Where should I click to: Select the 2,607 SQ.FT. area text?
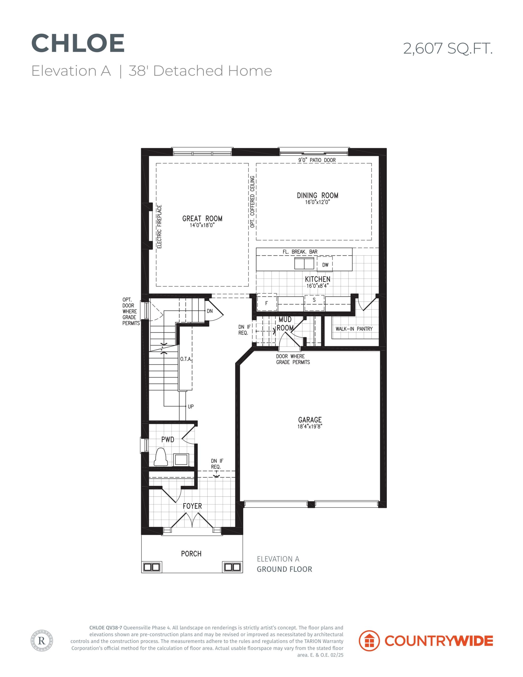point(448,49)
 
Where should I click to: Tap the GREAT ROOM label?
point(202,218)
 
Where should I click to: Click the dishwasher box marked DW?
point(325,264)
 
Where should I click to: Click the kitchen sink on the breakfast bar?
point(304,263)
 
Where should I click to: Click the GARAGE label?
point(310,420)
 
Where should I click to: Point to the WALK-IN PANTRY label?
point(354,328)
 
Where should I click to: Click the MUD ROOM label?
point(285,324)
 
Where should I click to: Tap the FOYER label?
point(192,506)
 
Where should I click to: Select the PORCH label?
point(191,554)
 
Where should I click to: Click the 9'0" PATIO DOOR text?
point(317,160)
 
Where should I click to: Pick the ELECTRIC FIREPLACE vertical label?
point(159,227)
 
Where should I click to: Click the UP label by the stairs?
point(191,406)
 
